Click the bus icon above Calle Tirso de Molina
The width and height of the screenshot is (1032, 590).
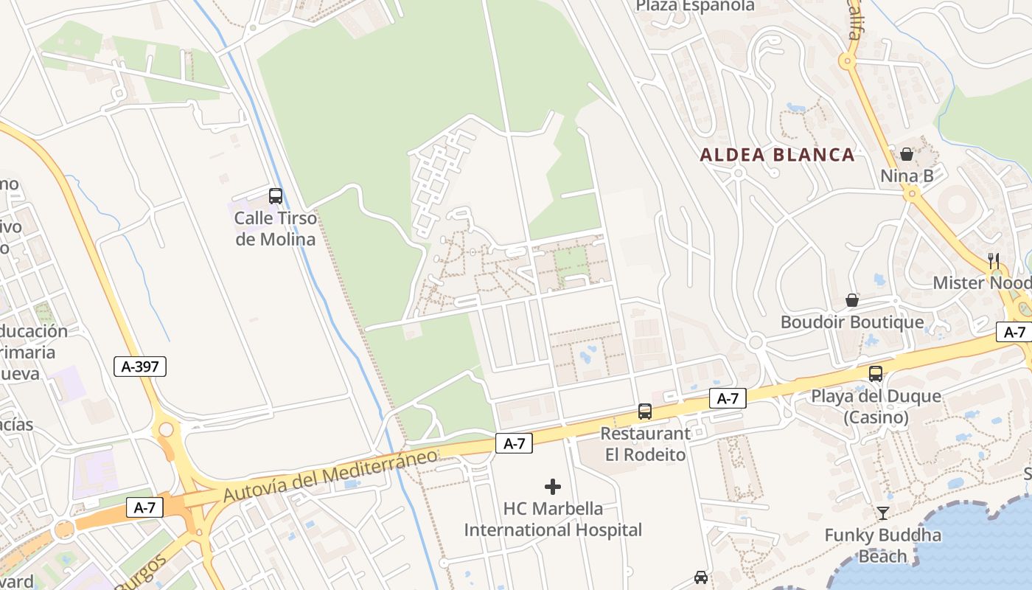[276, 196]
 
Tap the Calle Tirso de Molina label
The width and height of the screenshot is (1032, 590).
[275, 229]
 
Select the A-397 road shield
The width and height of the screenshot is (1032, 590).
[140, 367]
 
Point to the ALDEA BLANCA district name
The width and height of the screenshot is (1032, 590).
[777, 155]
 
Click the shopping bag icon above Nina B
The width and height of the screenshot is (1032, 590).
[907, 154]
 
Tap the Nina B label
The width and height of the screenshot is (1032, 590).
[907, 176]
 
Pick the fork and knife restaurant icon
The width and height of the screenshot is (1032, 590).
[994, 260]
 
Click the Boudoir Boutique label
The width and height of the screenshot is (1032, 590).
[852, 322]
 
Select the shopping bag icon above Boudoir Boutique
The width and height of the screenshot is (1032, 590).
[852, 300]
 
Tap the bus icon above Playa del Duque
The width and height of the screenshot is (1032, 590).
[876, 373]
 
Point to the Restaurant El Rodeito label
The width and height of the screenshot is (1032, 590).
[646, 444]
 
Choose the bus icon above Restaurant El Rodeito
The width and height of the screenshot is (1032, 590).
[645, 412]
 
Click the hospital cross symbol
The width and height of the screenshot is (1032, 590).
[553, 487]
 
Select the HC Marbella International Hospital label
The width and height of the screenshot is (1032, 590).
[553, 519]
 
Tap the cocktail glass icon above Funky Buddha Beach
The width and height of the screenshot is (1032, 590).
[883, 513]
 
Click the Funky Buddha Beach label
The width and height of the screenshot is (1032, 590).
[883, 545]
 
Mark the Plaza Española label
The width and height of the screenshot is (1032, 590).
[695, 6]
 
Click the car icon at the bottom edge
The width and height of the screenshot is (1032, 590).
[701, 577]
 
